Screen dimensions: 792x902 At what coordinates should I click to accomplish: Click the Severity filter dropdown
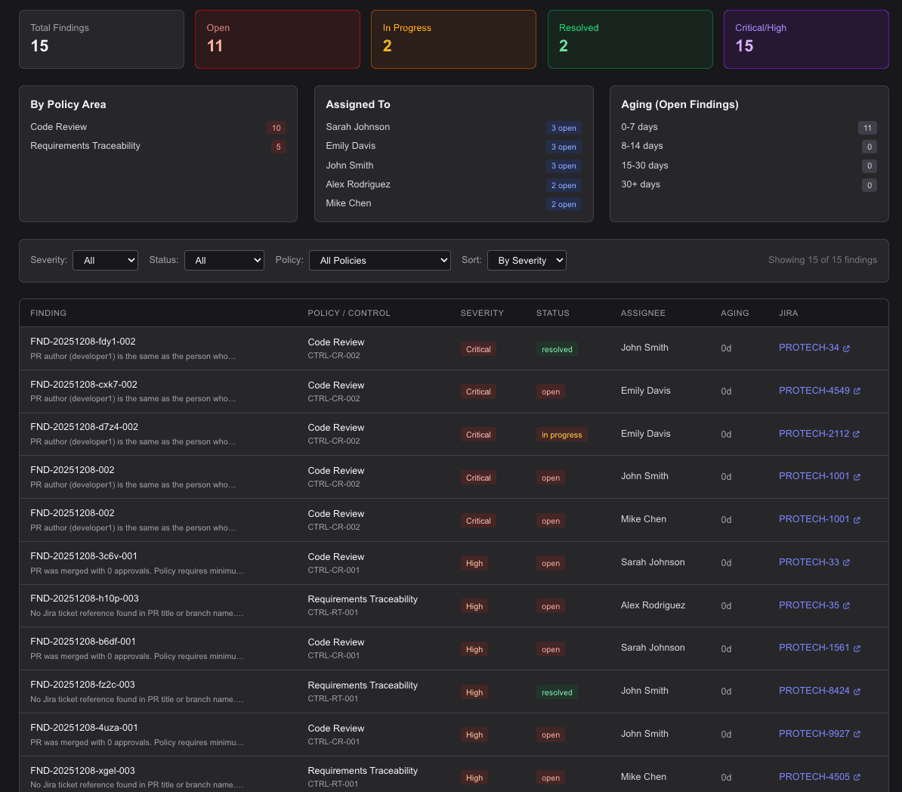[105, 260]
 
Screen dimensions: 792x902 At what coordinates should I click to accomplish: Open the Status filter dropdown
[224, 260]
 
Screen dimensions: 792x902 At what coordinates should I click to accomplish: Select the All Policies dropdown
[380, 260]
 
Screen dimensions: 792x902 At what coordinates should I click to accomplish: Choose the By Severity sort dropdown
[527, 260]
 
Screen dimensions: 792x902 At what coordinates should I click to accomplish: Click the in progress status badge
[561, 435]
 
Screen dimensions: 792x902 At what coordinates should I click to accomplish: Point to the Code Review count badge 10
[276, 128]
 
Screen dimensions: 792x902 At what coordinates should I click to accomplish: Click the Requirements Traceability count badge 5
[278, 147]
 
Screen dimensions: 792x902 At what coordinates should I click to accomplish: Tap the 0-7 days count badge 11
[867, 128]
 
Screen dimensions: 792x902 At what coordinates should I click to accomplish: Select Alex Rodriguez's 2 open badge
[564, 185]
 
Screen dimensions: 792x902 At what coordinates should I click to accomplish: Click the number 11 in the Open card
[215, 46]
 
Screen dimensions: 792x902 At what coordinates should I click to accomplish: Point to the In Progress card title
[406, 28]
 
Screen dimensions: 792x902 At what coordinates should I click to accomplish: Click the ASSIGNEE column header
[643, 313]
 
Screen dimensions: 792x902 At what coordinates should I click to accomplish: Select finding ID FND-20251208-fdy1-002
[83, 342]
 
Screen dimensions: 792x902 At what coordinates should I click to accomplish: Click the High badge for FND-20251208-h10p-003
[474, 606]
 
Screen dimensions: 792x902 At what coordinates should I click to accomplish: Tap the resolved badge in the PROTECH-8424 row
[557, 692]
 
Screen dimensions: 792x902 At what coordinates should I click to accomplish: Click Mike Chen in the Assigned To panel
[348, 203]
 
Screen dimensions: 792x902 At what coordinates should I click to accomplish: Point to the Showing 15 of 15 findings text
[822, 260]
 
